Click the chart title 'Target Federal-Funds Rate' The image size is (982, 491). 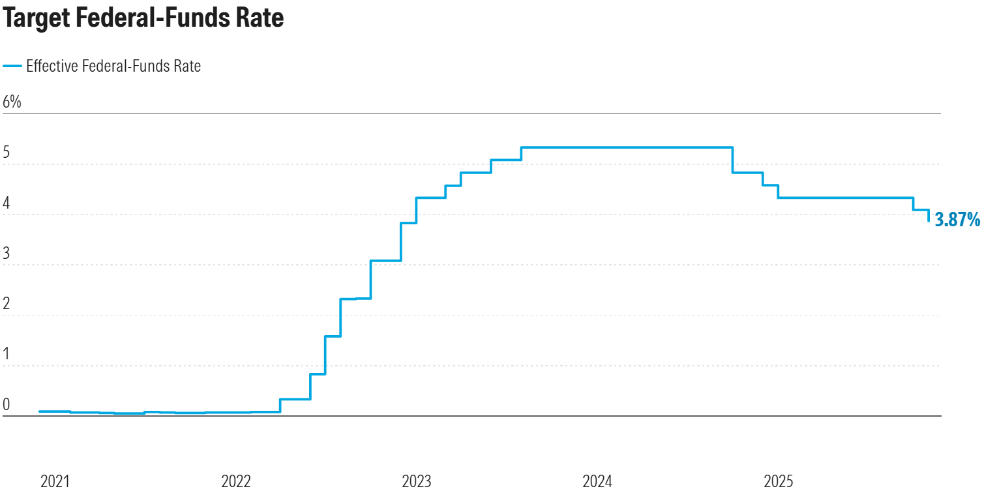(143, 18)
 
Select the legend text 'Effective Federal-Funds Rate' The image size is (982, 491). (113, 66)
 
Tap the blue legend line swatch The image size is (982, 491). (12, 66)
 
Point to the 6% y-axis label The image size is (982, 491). (12, 102)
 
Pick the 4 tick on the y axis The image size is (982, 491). (7, 203)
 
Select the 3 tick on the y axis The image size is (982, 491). (7, 253)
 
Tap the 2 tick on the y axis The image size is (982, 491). (7, 303)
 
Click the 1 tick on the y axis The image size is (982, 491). (7, 353)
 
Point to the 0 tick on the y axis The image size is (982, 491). (7, 404)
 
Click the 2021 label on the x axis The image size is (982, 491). (55, 482)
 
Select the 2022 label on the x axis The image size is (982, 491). (235, 482)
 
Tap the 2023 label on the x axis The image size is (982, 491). (416, 482)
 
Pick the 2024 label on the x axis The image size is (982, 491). (597, 482)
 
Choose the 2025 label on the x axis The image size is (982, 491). (778, 482)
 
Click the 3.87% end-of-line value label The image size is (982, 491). (957, 220)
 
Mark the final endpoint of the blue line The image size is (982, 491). (929, 221)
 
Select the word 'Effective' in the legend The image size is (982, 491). (52, 66)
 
